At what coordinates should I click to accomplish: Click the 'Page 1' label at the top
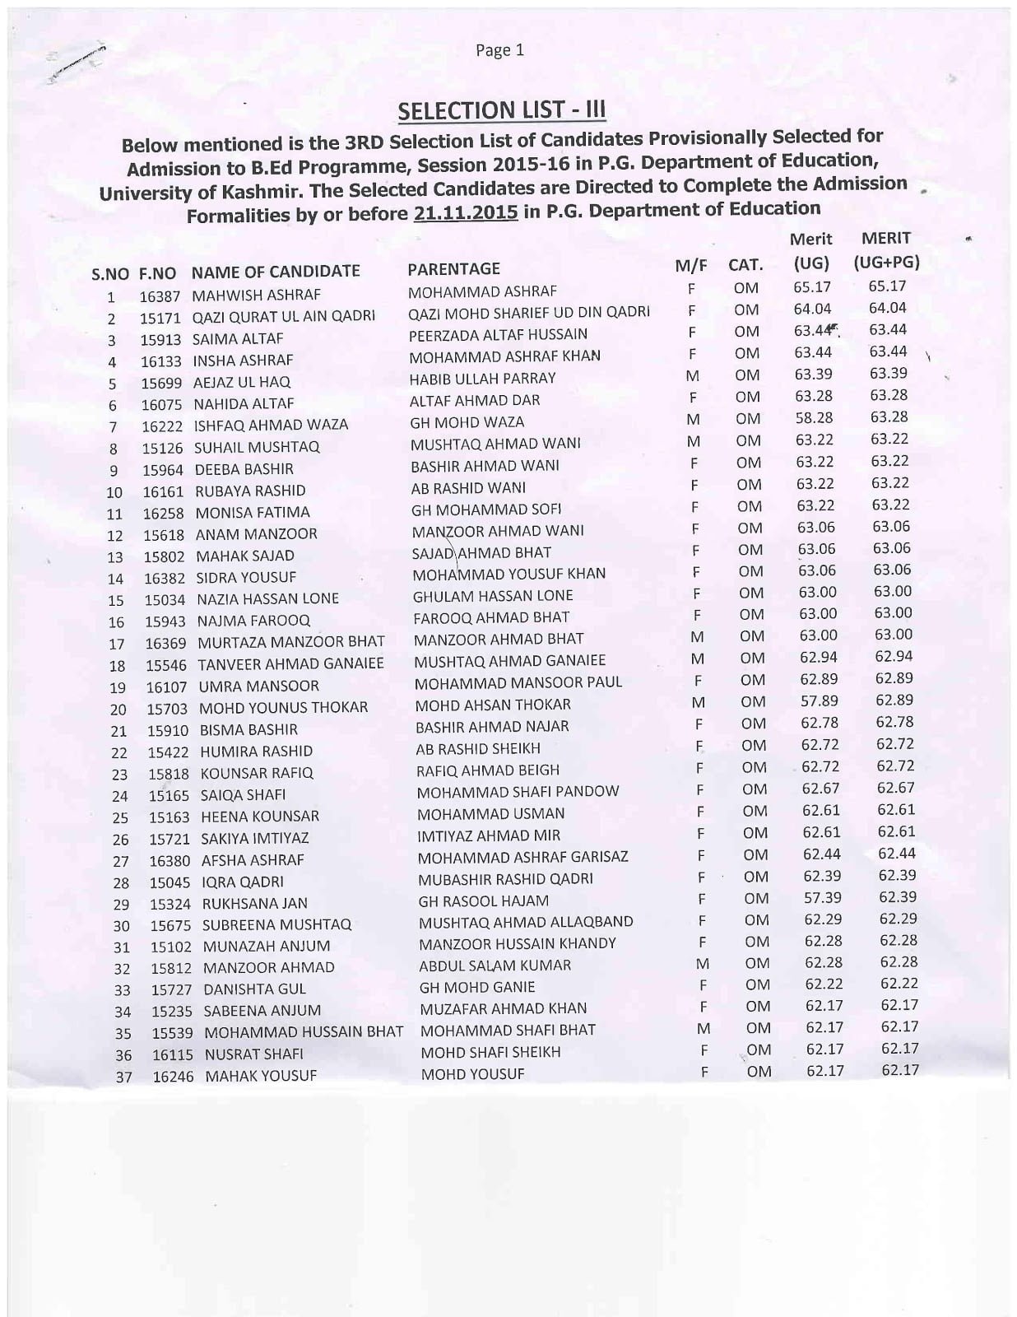coord(499,51)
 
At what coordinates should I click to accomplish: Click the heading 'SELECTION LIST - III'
coord(502,110)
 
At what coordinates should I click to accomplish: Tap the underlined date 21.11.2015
coord(466,213)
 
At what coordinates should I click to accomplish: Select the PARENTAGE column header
coord(453,268)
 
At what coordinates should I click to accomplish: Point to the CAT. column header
coord(745,265)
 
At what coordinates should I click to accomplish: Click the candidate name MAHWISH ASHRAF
coord(256,295)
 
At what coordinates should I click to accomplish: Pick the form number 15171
coord(160,317)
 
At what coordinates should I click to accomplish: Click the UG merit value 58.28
coord(814,418)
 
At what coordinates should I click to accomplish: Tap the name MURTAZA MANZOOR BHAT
coord(291,642)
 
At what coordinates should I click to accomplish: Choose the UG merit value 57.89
coord(820,700)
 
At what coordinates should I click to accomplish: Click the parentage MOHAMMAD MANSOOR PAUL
coord(518,682)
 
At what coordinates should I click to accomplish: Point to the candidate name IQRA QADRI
coord(243,882)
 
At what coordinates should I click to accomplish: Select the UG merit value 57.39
coord(823,898)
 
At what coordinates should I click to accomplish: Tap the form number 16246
coord(174,1076)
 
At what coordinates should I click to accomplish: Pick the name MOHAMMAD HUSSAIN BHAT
coord(304,1032)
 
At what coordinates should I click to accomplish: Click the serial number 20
coord(118,710)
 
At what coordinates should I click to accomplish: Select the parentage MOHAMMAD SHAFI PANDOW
coord(518,792)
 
